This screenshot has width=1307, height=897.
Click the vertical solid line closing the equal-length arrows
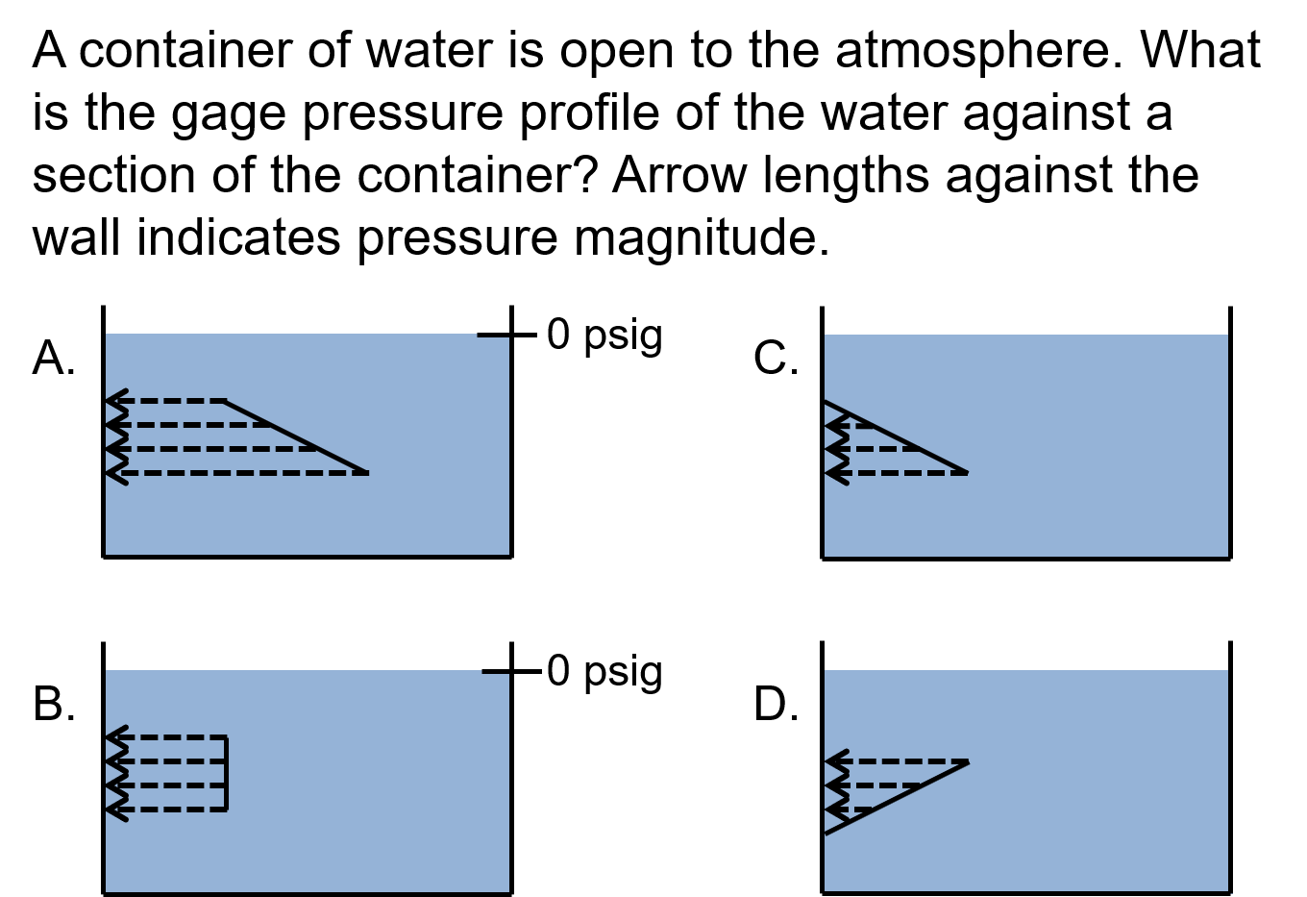coord(227,774)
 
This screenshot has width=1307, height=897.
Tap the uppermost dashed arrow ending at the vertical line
coord(168,737)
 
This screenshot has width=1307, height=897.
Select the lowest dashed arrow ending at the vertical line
coord(168,810)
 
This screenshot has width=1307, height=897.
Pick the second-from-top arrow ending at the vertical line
coord(168,761)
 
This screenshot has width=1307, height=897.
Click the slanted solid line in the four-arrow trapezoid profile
coord(296,437)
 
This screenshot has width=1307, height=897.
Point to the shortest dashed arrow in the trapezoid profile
coord(168,401)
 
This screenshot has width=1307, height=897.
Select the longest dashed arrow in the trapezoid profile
coord(240,473)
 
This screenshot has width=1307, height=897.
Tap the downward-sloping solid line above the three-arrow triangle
coord(896,437)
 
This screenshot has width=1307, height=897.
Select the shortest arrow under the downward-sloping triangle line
coord(850,425)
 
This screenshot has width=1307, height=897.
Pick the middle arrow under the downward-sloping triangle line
coord(875,449)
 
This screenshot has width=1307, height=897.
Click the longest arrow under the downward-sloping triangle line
coord(899,473)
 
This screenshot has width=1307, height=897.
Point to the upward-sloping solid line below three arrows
coord(896,798)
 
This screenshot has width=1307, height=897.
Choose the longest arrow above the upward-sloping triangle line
coord(899,761)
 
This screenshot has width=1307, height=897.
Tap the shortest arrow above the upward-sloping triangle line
coord(850,810)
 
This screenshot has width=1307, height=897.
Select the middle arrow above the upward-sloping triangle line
coord(875,785)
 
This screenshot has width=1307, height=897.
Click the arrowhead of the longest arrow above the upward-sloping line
coord(833,761)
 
